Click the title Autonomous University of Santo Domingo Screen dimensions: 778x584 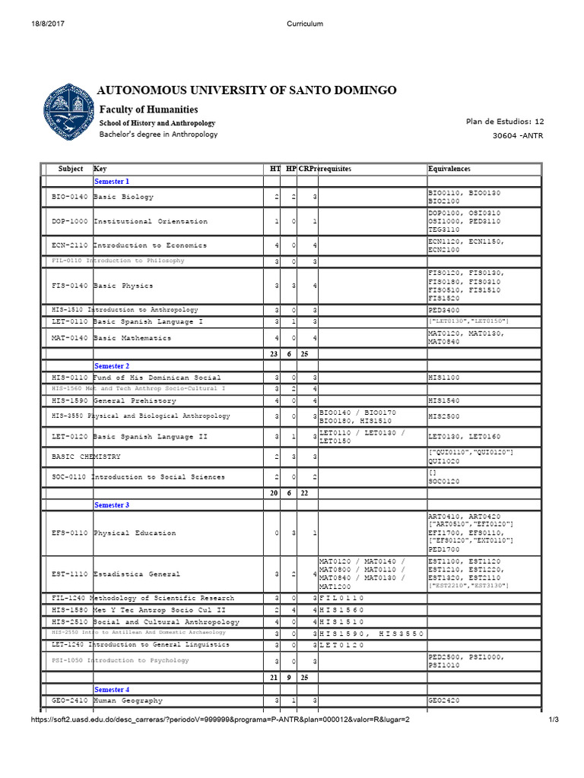click(248, 90)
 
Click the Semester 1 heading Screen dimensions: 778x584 click(111, 182)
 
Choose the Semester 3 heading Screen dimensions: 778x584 click(111, 504)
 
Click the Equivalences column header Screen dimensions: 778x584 click(449, 169)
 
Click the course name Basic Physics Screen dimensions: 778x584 click(123, 286)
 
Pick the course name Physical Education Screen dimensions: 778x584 click(135, 533)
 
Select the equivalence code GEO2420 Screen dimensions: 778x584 click(444, 701)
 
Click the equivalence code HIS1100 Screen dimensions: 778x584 click(444, 378)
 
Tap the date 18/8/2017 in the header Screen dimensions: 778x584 click(46, 24)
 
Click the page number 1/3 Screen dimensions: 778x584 click(553, 720)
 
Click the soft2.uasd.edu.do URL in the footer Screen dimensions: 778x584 click(220, 720)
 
